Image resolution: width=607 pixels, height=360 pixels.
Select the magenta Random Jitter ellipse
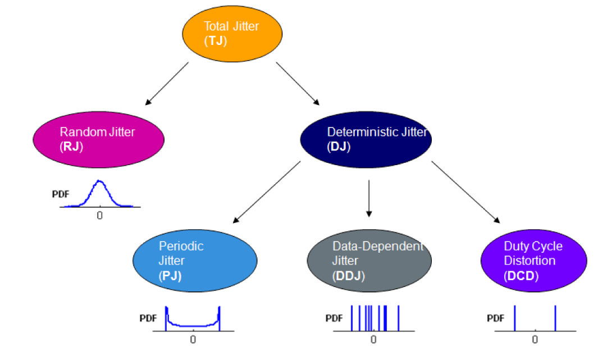click(x=99, y=139)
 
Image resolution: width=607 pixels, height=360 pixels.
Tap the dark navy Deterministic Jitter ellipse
click(x=366, y=139)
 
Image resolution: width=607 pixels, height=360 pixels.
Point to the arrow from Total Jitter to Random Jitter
click(x=167, y=84)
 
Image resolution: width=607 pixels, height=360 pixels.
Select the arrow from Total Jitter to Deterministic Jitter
click(x=298, y=84)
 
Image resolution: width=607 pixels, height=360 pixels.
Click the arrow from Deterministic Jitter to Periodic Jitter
click(x=266, y=192)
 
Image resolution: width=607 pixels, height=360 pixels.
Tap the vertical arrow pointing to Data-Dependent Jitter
click(x=368, y=198)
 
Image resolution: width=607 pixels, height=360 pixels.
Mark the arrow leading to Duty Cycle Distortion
click(x=465, y=192)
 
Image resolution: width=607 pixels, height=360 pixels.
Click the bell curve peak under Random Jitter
click(x=99, y=181)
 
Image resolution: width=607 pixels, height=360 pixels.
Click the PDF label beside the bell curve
click(x=60, y=195)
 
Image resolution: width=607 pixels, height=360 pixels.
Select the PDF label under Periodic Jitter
click(x=148, y=318)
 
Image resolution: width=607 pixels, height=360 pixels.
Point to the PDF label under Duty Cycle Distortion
click(x=495, y=318)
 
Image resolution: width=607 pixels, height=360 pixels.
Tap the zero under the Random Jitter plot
click(x=100, y=215)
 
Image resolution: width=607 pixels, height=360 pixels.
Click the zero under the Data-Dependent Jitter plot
click(x=373, y=339)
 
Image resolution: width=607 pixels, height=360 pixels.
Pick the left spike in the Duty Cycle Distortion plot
click(x=514, y=318)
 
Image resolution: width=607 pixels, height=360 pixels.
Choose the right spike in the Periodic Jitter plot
click(x=219, y=317)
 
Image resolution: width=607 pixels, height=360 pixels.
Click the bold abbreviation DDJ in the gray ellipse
click(x=348, y=276)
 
